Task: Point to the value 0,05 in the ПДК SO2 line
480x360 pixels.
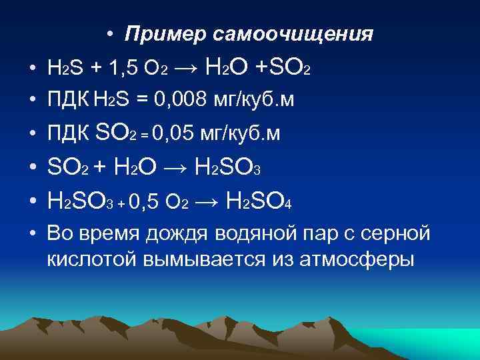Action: [175, 134]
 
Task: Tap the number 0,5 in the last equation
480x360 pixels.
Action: [146, 200]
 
